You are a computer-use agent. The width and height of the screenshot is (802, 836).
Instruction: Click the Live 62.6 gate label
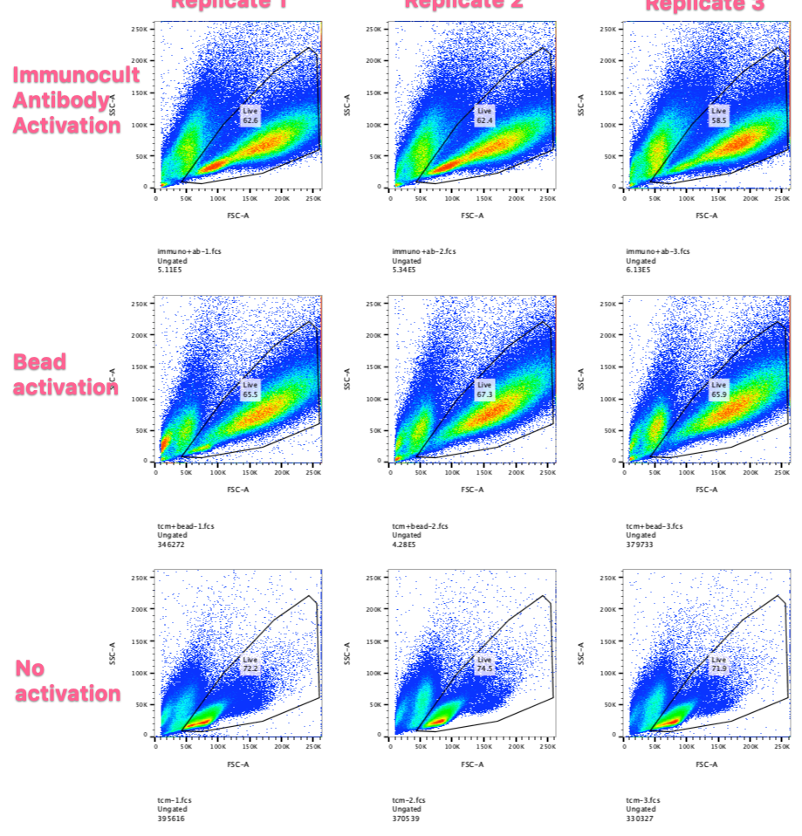tap(250, 115)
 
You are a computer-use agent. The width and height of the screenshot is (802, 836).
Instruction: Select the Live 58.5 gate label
tap(718, 115)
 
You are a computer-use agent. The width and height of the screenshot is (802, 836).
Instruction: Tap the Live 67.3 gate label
tap(484, 389)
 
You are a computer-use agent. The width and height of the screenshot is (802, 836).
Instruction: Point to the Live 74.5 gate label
tap(484, 664)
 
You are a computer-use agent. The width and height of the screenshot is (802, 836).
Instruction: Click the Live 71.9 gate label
tap(718, 664)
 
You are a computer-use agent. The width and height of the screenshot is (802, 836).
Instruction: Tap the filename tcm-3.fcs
tap(642, 800)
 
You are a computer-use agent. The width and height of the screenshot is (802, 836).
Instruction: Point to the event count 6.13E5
tap(639, 270)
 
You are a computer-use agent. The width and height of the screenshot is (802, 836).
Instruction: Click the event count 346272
tap(171, 545)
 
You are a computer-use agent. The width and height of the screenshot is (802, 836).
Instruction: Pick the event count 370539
tap(406, 819)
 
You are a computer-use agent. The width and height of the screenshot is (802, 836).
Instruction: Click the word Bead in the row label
tap(39, 362)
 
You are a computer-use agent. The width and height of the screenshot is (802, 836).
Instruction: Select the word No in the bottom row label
tap(30, 669)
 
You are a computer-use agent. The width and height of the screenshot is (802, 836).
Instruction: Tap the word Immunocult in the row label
tap(75, 75)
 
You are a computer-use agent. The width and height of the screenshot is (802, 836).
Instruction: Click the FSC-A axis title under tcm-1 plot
tap(238, 764)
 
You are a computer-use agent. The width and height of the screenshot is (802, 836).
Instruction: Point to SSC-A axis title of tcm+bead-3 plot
tap(581, 380)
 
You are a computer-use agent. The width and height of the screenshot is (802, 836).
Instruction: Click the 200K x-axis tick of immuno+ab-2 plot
tap(516, 199)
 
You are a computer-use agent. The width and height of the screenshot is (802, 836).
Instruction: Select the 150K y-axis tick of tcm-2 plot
tap(374, 641)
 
